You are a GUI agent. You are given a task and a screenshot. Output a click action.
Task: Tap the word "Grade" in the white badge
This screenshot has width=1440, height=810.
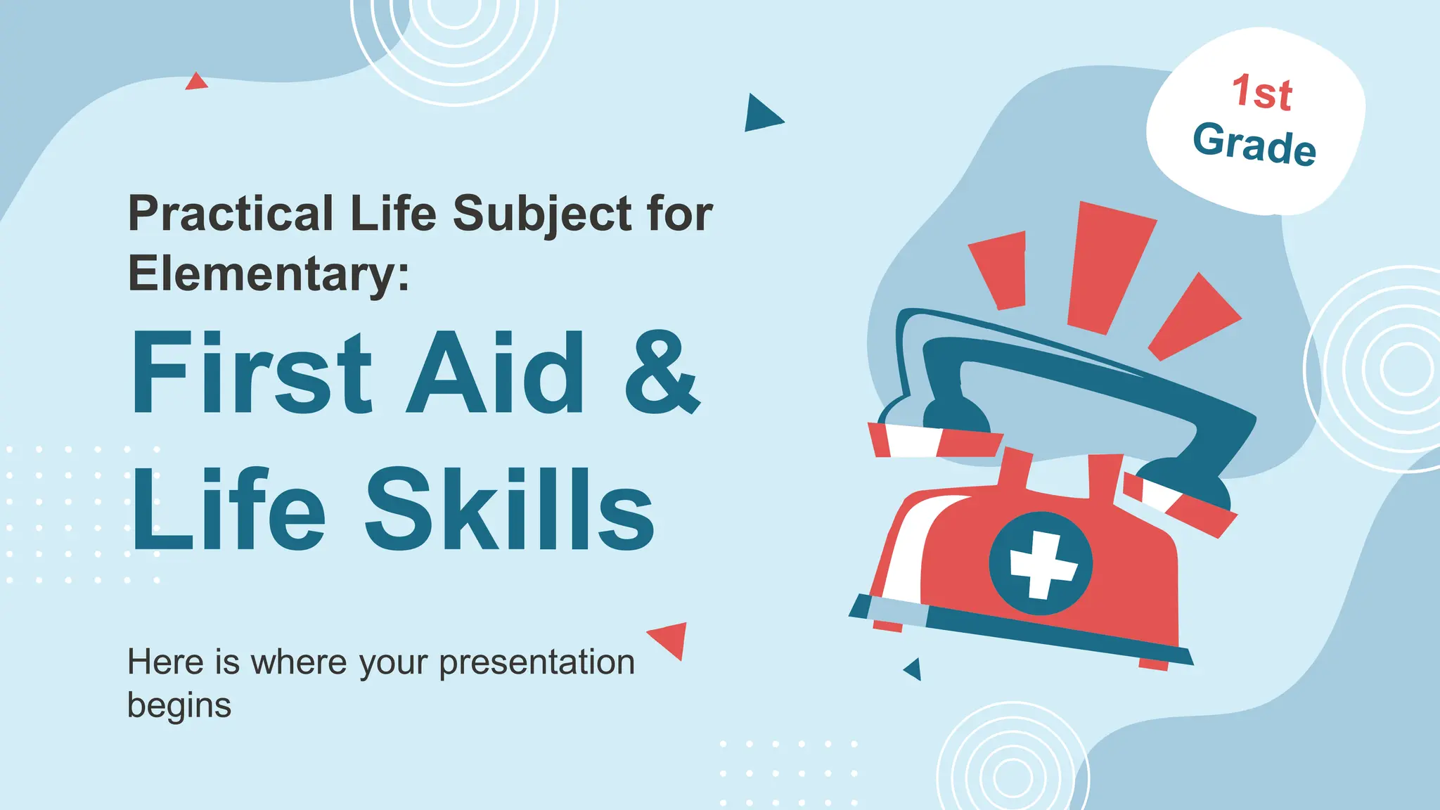click(1254, 144)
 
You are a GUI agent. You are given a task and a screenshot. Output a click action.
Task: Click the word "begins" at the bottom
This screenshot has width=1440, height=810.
click(179, 705)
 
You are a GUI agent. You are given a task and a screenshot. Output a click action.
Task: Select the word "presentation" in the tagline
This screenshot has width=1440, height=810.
click(536, 662)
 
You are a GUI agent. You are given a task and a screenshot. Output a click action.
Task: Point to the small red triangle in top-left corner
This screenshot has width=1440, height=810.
click(196, 82)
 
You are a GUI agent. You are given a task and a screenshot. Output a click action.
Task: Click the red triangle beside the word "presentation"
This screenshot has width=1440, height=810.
click(670, 638)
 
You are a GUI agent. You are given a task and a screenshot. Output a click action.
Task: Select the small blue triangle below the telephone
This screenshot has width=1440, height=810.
click(913, 669)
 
